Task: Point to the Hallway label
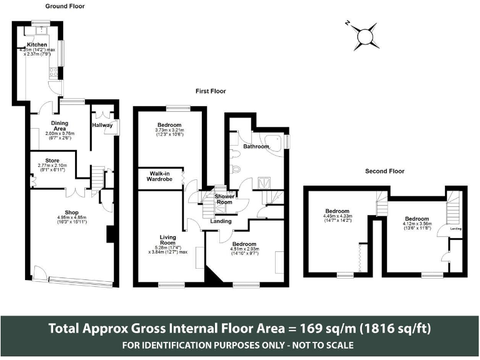[102, 125]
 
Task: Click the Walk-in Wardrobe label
[160, 176]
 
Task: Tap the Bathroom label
[256, 146]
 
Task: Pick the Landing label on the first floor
[221, 221]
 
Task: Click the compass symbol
[366, 37]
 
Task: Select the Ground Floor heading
[65, 6]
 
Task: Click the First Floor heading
[211, 91]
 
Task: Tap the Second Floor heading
[385, 171]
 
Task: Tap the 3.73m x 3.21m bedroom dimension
[169, 132]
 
